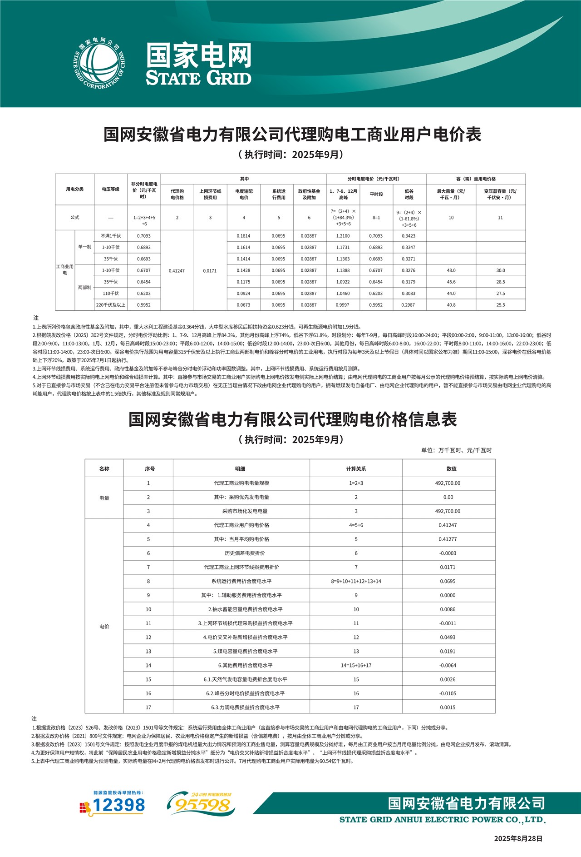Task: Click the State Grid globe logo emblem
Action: point(99,63)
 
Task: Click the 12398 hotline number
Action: point(118,806)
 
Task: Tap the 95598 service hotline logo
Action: point(201,805)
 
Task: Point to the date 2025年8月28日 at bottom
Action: point(518,838)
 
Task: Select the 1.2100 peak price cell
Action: point(343,236)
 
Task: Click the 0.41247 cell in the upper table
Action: point(177,270)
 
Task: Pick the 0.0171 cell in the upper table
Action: point(210,270)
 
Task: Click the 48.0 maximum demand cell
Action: point(451,270)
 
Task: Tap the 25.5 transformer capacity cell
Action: point(500,305)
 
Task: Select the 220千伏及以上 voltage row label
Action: point(111,305)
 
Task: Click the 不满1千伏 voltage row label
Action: point(111,236)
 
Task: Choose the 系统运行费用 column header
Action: point(279,194)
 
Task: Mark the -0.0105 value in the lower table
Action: point(448,693)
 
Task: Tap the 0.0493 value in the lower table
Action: point(448,637)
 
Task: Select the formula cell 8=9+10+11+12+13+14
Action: point(356,581)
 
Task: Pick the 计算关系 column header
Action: point(356,468)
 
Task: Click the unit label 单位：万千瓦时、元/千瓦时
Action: point(456,450)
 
